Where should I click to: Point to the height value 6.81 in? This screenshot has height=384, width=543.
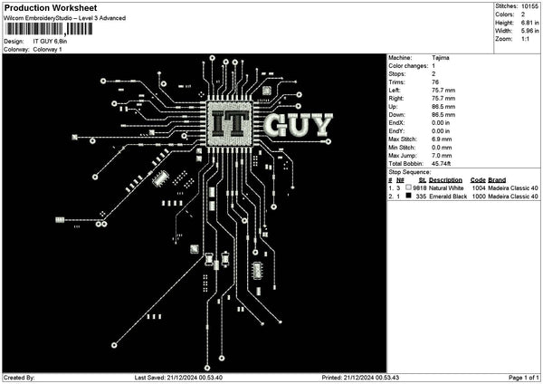pyautogui.click(x=530, y=23)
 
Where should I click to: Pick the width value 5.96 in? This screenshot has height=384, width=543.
pyautogui.click(x=530, y=31)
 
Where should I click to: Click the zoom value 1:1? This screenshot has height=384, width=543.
pyautogui.click(x=526, y=39)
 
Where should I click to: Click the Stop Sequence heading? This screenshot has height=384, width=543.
pyautogui.click(x=410, y=170)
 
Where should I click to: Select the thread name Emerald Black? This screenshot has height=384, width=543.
pyautogui.click(x=448, y=196)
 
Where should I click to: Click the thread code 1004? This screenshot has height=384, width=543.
pyautogui.click(x=478, y=187)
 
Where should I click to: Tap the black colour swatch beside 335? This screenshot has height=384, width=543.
pyautogui.click(x=409, y=196)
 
